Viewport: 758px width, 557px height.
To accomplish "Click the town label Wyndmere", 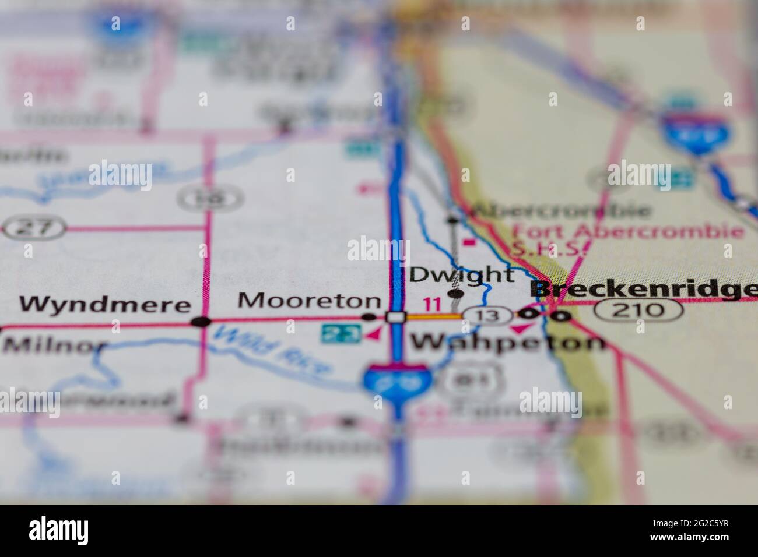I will (105, 304).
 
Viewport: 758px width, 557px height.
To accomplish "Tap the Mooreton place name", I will (309, 301).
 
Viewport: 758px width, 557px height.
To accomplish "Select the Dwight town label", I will (462, 274).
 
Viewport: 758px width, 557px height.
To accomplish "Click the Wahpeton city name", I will (508, 343).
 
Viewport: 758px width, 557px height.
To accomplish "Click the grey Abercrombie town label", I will (560, 210).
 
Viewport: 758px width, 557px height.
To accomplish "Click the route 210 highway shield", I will (639, 309).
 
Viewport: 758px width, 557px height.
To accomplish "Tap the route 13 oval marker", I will (489, 315).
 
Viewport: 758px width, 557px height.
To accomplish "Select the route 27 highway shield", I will (34, 228).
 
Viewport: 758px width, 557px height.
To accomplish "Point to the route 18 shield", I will (209, 198).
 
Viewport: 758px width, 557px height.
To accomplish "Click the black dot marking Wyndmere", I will (202, 321).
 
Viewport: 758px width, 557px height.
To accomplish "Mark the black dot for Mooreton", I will (369, 318).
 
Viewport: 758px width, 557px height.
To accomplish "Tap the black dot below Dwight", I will (455, 293).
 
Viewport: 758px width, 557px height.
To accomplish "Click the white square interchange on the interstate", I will (396, 318).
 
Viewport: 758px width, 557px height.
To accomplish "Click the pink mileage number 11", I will (432, 304).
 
